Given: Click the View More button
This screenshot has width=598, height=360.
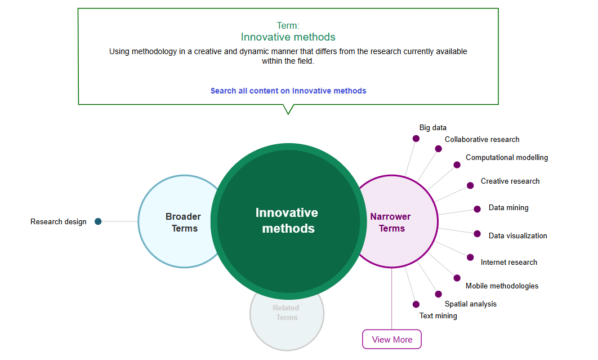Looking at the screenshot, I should (392, 339).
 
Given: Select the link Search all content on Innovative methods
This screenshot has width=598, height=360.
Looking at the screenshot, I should (288, 91).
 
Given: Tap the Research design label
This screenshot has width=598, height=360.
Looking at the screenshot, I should (59, 221).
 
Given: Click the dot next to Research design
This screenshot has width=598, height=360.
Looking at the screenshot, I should (98, 221).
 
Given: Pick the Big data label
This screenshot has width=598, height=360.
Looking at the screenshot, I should (433, 128).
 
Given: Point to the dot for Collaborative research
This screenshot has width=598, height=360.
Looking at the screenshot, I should (438, 149).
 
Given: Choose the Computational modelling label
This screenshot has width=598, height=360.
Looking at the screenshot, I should (507, 158).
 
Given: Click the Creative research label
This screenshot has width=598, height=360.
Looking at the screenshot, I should (510, 181).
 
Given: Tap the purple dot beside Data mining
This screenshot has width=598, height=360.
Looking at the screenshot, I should (477, 209).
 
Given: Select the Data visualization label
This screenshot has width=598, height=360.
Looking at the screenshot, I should (517, 236).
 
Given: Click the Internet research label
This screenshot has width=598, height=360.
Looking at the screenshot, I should (509, 262).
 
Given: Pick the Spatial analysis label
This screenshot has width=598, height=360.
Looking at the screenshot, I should (471, 304).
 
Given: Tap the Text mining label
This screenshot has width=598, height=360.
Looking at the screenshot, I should (438, 316).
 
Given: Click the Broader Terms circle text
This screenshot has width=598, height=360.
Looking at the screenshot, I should (183, 223).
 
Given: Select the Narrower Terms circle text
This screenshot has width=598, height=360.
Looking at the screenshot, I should (391, 223).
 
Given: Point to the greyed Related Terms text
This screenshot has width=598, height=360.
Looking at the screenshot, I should (286, 313).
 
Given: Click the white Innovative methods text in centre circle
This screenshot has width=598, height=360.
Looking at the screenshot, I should (287, 220).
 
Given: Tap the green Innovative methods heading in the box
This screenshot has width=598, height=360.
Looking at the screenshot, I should (288, 37).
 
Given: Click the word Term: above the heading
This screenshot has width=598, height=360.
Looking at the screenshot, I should (288, 25).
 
